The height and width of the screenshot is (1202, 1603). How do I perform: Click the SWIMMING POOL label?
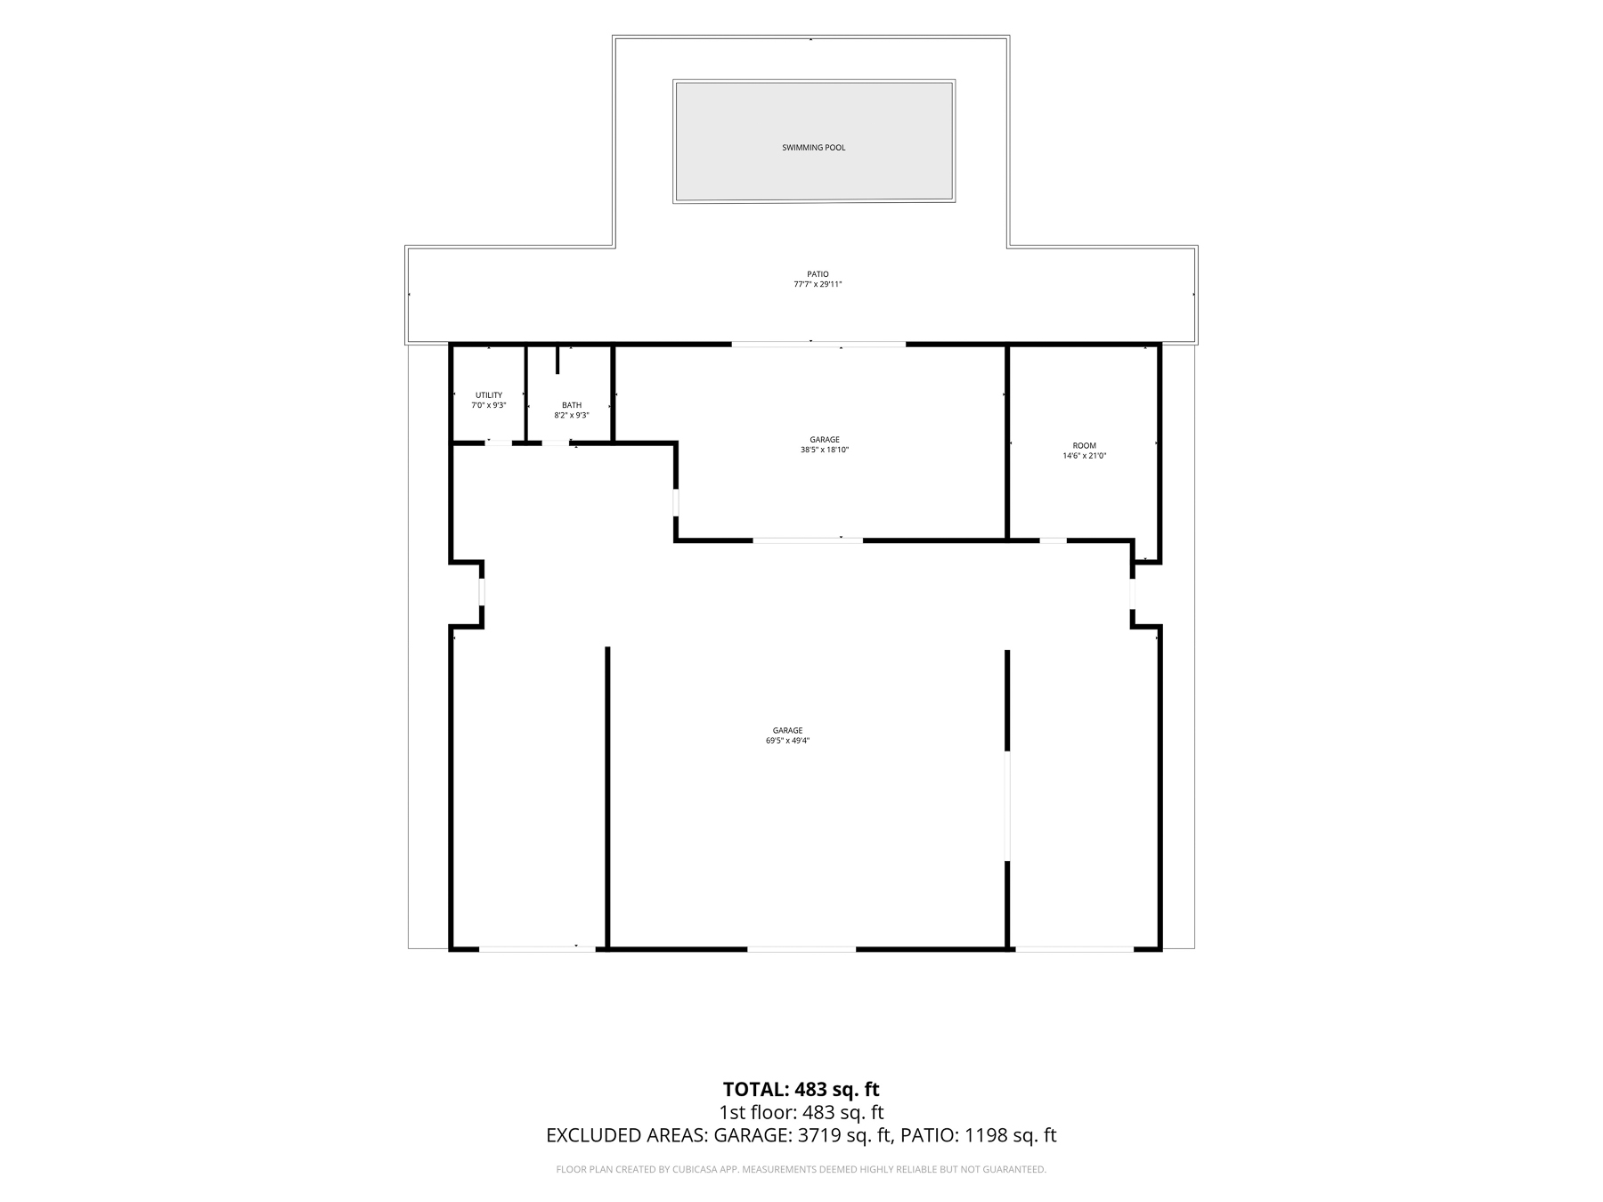pyautogui.click(x=813, y=148)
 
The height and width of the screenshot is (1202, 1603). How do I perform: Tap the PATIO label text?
pyautogui.click(x=818, y=274)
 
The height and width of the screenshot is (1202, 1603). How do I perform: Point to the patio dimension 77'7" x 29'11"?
pyautogui.click(x=818, y=285)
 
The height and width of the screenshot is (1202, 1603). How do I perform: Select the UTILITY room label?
pyautogui.click(x=489, y=395)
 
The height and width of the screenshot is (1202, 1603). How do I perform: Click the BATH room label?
pyautogui.click(x=572, y=405)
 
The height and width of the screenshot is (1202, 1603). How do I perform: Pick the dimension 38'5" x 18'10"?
pyautogui.click(x=825, y=450)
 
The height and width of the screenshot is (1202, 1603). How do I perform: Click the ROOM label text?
pyautogui.click(x=1085, y=445)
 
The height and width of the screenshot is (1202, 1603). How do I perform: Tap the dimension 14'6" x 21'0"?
pyautogui.click(x=1085, y=456)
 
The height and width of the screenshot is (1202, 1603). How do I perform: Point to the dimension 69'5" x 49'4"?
pyautogui.click(x=787, y=741)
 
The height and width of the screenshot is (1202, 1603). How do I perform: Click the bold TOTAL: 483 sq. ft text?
pyautogui.click(x=801, y=1090)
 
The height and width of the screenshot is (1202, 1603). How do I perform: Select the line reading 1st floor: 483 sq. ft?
pyautogui.click(x=801, y=1112)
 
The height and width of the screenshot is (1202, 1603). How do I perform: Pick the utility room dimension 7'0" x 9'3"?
pyautogui.click(x=489, y=405)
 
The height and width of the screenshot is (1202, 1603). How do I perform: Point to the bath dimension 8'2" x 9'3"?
pyautogui.click(x=572, y=415)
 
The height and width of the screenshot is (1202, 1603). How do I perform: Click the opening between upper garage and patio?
pyautogui.click(x=819, y=344)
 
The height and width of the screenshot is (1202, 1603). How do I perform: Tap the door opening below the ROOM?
pyautogui.click(x=1054, y=540)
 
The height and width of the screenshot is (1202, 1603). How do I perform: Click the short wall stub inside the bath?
pyautogui.click(x=557, y=359)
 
